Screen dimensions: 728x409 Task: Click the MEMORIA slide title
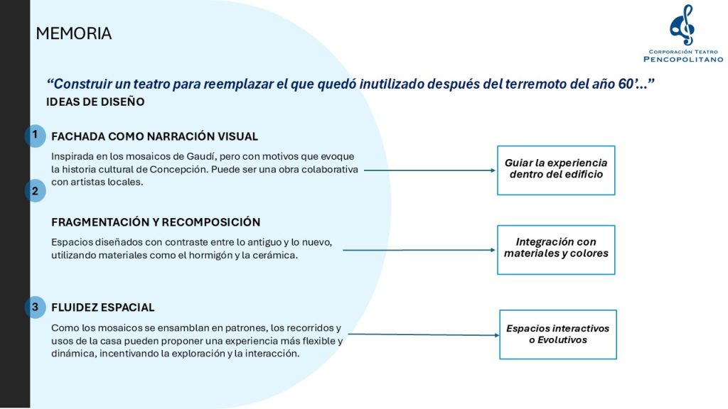73,33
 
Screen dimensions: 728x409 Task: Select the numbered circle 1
35,135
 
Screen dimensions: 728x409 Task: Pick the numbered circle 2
35,191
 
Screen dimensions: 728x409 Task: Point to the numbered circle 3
35,307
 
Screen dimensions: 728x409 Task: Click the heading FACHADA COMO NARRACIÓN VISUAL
154,136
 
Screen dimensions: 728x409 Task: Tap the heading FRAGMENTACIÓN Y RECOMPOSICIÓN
156,222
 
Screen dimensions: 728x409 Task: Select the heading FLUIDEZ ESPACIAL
102,307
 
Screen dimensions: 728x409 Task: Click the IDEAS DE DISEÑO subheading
95,102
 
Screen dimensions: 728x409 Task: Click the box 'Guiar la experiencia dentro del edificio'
556,169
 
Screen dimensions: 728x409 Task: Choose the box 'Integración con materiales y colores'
556,249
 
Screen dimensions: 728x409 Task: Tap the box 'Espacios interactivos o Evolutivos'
557,334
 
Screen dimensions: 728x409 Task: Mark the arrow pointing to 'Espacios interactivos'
423,334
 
